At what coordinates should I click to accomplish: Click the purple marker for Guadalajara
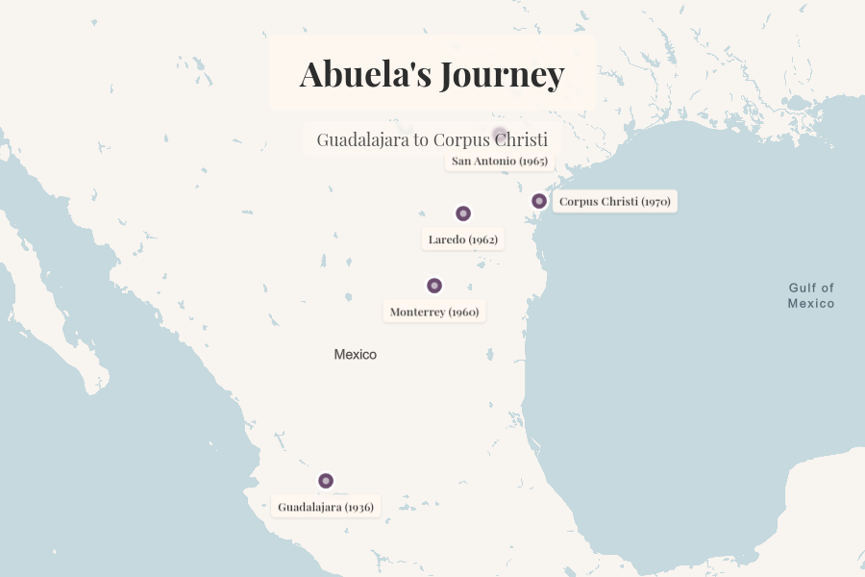326,481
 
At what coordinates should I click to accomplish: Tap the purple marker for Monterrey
434,286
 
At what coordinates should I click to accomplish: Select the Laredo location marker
463,213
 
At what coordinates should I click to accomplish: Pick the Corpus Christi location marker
539,201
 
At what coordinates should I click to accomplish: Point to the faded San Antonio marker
499,135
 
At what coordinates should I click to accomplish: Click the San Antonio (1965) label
499,161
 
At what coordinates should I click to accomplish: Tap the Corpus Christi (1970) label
614,202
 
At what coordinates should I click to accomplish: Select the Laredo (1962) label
463,239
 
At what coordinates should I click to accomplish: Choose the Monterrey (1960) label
434,312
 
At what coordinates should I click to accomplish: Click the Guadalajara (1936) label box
326,507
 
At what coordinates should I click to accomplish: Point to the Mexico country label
356,355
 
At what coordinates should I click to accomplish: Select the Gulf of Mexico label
811,295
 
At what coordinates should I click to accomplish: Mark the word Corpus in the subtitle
460,139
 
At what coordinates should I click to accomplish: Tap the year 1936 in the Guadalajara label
358,507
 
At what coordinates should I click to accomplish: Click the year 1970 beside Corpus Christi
655,202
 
